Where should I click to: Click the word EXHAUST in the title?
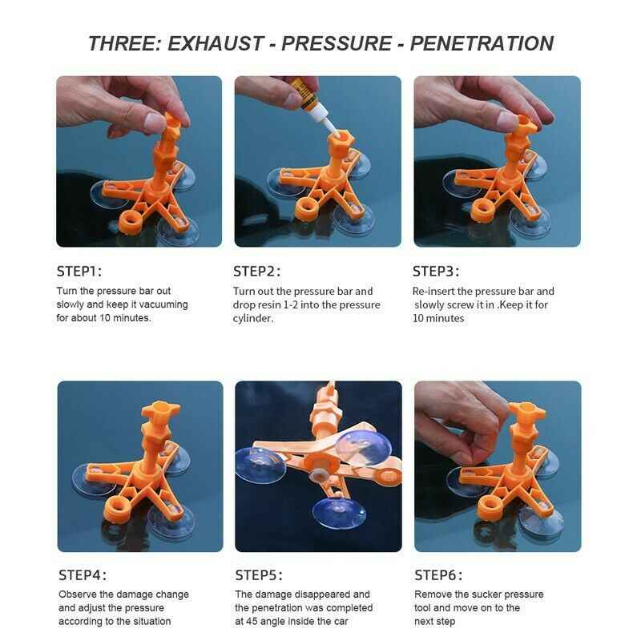point(216,44)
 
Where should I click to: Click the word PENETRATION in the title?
point(482,44)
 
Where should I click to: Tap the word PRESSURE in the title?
point(337,44)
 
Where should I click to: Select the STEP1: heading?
point(79,272)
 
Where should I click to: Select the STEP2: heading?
point(257,272)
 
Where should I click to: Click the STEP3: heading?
point(436,272)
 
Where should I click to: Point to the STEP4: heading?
point(83,575)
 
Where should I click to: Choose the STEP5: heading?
point(259,575)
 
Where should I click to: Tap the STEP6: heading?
point(438,575)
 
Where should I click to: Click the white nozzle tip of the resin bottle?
point(333,131)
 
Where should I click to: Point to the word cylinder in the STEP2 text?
point(253,318)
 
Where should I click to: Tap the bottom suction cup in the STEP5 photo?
point(338,513)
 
